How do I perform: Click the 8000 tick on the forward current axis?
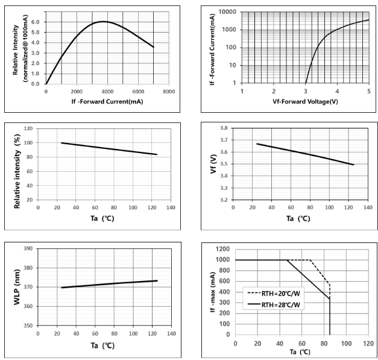tap(168, 92)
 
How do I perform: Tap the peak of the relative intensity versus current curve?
tap(103, 22)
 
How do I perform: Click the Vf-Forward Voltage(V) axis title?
tap(304, 101)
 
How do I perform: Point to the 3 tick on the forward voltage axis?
tap(306, 91)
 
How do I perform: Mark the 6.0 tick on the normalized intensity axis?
tap(33, 22)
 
